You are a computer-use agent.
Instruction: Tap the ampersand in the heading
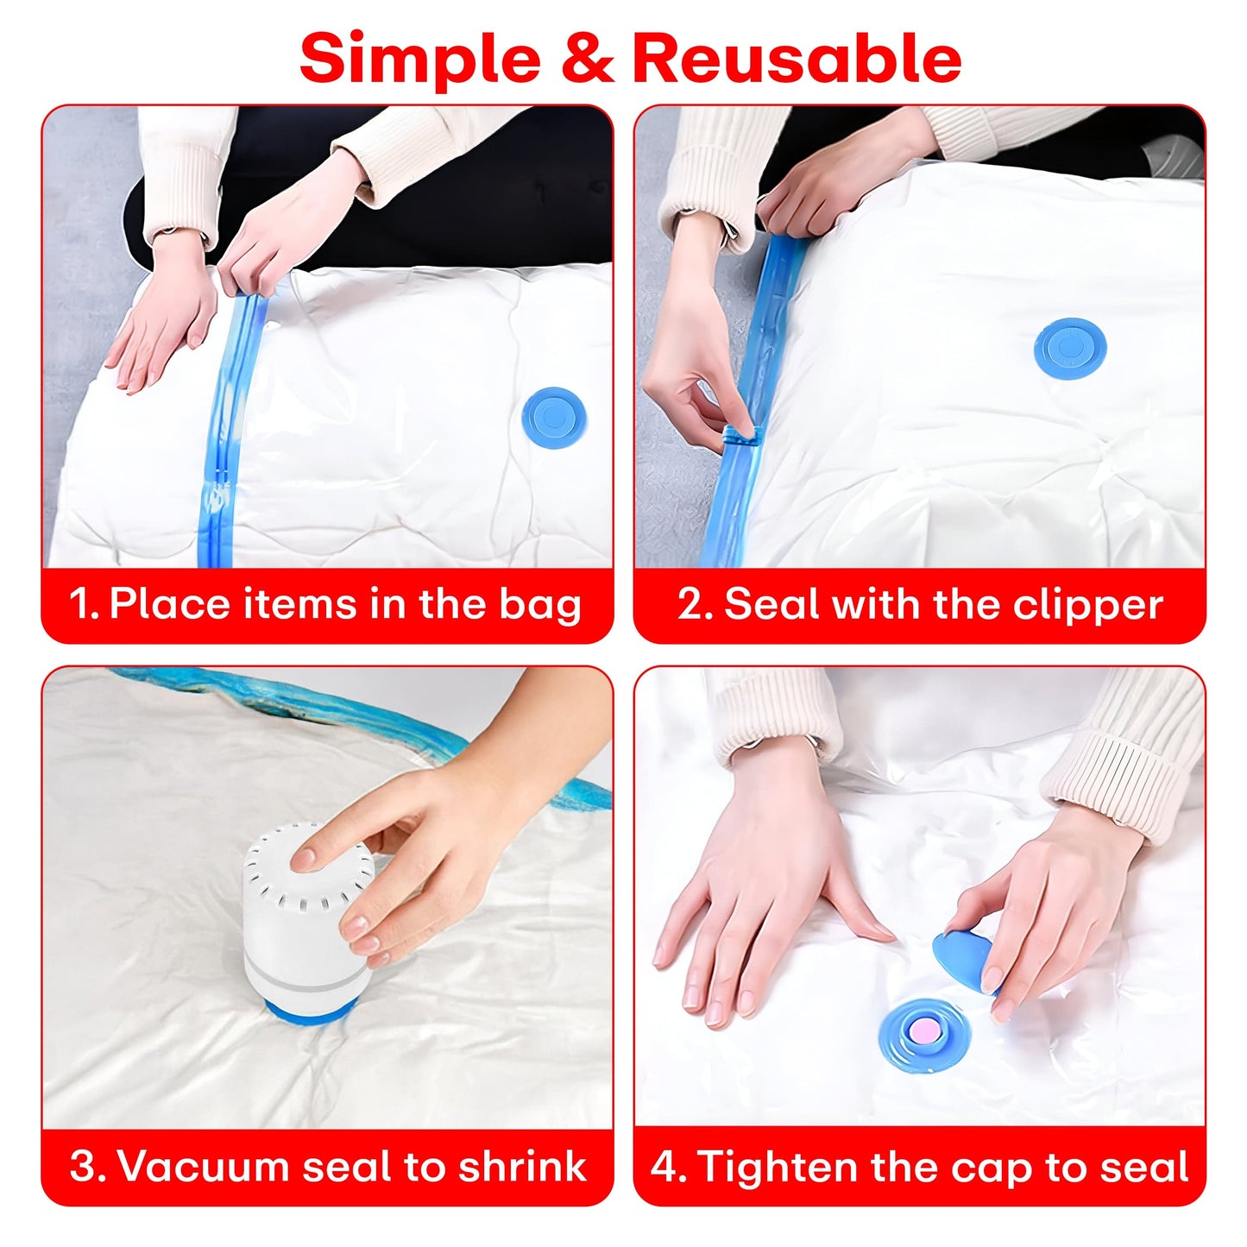(587, 59)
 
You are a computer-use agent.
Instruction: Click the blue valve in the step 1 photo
(553, 418)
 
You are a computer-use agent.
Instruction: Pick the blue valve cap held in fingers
(964, 956)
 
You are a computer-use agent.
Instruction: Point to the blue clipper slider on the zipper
(740, 437)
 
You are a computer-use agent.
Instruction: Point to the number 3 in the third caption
(84, 1166)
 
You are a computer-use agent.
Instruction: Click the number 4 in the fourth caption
(665, 1166)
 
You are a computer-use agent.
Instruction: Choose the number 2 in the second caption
(691, 604)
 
